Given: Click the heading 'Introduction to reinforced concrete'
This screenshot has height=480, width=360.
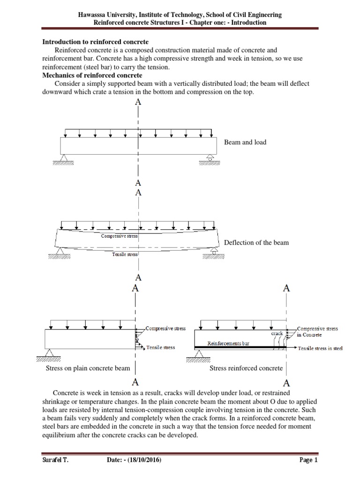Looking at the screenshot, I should tap(96, 42).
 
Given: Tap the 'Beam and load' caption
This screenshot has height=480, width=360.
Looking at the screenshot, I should tap(245, 142).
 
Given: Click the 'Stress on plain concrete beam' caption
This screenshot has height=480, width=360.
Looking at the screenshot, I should tap(88, 368).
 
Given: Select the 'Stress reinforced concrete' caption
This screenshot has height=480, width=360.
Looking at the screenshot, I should tap(246, 368).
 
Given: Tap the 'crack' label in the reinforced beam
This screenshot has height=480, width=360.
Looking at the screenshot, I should tap(277, 334).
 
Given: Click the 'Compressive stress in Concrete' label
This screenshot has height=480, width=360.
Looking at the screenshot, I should tap(317, 332).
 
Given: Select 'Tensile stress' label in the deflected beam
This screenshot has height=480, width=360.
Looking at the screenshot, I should tap(125, 255).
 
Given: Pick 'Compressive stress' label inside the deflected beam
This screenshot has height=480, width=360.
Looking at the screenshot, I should tap(120, 236).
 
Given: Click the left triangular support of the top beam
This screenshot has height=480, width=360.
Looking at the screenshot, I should tap(64, 158).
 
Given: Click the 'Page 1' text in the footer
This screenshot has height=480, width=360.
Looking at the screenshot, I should tap(309, 460).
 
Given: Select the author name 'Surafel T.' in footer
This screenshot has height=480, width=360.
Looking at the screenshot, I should tap(52, 460).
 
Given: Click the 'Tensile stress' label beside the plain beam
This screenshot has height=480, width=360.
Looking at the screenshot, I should tap(160, 348).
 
